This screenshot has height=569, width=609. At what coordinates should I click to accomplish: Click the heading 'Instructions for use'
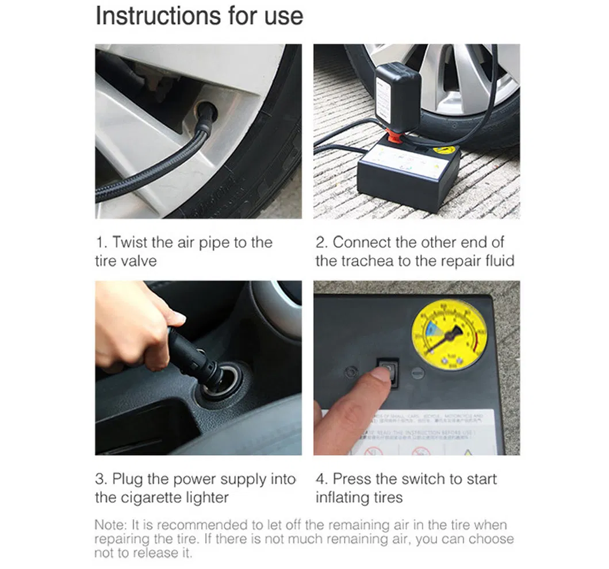coord(199,17)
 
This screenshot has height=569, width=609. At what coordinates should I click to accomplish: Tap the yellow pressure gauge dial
coord(449,334)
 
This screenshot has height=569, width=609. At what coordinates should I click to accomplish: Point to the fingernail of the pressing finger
coord(381,375)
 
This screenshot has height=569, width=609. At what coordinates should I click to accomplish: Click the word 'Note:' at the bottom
coord(112,525)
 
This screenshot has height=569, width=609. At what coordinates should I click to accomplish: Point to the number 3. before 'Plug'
coord(101,479)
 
